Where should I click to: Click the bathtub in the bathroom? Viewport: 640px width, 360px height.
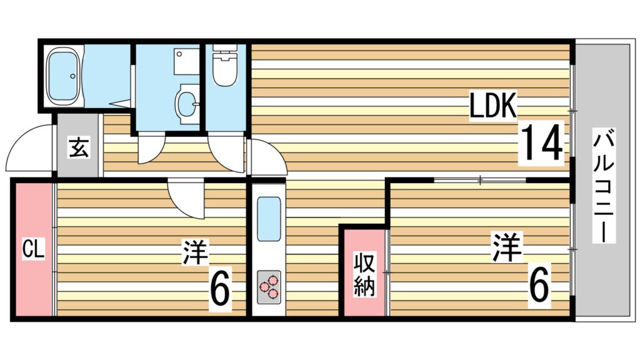64,76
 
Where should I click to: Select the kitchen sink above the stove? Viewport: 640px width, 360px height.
269,218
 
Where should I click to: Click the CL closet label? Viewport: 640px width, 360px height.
32,251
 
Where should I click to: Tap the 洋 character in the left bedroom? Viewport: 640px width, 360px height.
195,251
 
